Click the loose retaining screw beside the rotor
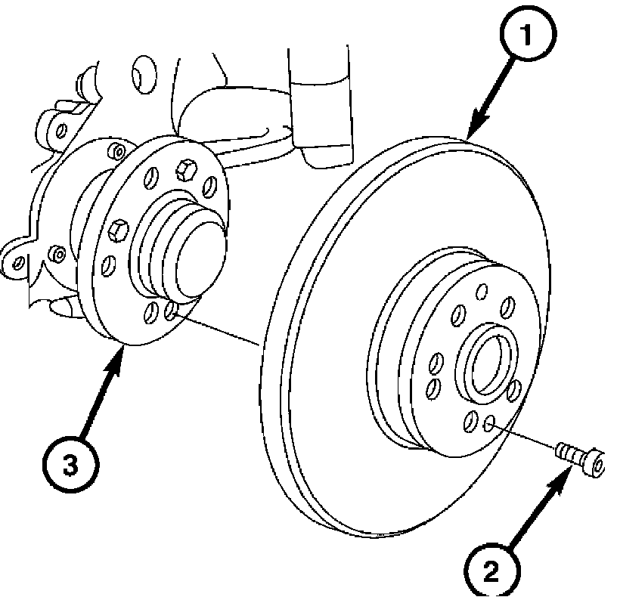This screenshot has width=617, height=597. [580, 459]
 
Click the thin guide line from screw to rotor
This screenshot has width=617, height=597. [526, 438]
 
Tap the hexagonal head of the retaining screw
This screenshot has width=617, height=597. [594, 462]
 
